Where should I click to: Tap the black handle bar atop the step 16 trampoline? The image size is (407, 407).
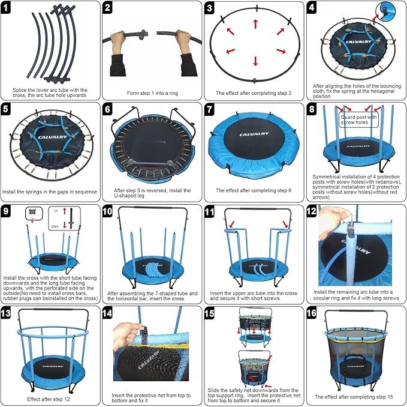355,315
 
